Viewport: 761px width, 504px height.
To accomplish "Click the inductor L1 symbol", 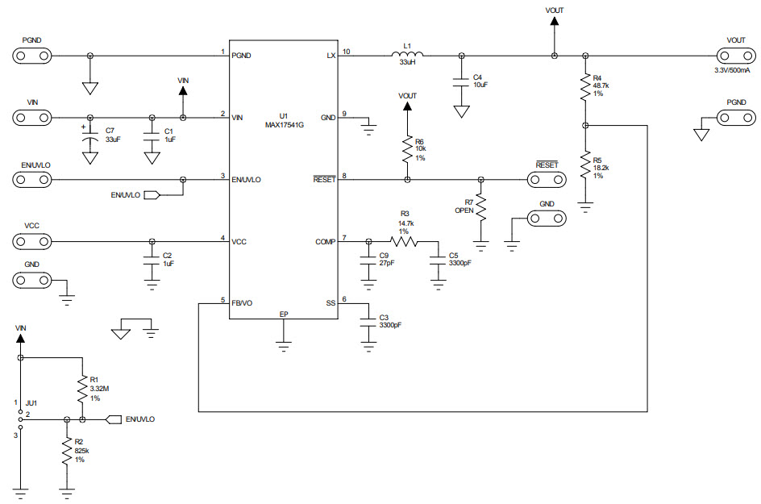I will (409, 55).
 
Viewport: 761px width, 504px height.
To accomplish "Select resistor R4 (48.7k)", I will (585, 88).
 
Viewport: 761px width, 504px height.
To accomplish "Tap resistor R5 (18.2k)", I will (585, 165).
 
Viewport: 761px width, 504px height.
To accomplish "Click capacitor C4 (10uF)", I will (461, 81).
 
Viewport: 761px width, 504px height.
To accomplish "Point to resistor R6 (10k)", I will (408, 148).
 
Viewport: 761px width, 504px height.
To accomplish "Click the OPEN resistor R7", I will (481, 208).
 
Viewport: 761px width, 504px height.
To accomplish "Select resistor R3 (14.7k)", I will (405, 240).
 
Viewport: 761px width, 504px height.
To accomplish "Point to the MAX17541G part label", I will (283, 125).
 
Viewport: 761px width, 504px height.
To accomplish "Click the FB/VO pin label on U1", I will (242, 302).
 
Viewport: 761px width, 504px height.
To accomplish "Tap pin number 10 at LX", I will (347, 52).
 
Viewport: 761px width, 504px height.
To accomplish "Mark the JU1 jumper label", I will (31, 401).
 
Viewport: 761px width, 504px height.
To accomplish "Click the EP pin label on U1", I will (283, 313).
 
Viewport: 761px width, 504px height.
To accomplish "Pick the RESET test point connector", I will (546, 179).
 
